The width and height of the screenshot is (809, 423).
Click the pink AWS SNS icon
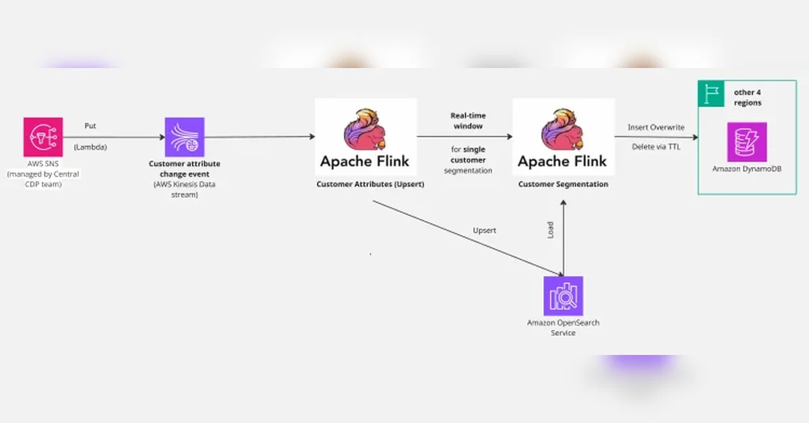tap(43, 137)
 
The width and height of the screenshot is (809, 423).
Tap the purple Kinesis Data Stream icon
tap(185, 137)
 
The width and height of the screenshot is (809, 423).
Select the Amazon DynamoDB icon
tap(747, 142)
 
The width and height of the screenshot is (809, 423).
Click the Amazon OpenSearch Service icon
tap(563, 296)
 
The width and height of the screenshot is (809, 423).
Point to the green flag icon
tap(711, 94)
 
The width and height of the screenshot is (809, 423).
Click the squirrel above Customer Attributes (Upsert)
tap(365, 129)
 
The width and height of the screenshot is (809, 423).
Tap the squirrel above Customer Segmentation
tap(562, 129)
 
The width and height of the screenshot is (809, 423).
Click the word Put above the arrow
tap(90, 125)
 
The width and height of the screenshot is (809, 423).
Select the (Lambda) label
tap(90, 147)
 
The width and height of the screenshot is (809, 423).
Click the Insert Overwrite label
tap(656, 127)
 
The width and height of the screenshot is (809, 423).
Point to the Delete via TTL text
tap(656, 147)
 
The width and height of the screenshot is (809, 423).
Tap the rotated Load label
tap(550, 230)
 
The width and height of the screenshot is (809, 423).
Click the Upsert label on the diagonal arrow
tap(484, 230)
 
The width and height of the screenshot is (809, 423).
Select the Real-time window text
tap(468, 121)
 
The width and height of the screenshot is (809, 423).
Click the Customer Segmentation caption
tap(563, 184)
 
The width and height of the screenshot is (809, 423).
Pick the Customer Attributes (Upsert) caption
tap(370, 184)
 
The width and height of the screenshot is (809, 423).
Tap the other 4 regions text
tap(747, 98)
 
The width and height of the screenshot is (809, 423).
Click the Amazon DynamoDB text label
tap(747, 168)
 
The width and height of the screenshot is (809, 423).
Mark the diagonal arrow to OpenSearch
tap(468, 238)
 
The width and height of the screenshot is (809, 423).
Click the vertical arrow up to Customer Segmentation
tap(564, 238)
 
